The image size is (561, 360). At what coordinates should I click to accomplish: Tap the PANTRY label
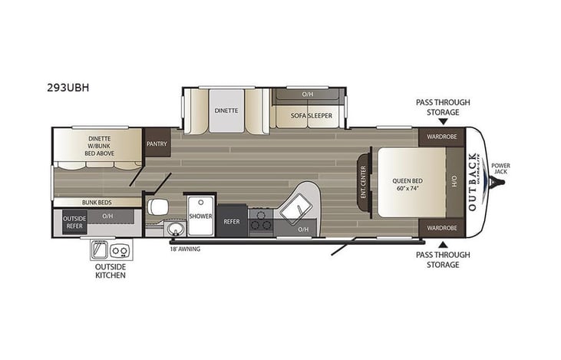[157, 142]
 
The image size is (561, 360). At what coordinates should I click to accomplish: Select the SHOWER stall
[200, 216]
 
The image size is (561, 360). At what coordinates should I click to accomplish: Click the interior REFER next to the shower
[232, 221]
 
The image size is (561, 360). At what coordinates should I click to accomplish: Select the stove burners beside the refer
[261, 220]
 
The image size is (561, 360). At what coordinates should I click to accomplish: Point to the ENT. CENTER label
[364, 183]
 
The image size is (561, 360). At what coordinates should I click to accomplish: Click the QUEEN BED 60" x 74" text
[407, 184]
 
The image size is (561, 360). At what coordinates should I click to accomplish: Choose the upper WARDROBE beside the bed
[441, 138]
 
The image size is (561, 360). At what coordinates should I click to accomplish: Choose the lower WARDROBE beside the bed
[441, 228]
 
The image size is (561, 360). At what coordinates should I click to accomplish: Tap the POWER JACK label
[501, 170]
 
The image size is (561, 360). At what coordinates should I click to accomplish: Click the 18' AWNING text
[185, 247]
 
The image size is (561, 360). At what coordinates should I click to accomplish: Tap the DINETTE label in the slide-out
[226, 110]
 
